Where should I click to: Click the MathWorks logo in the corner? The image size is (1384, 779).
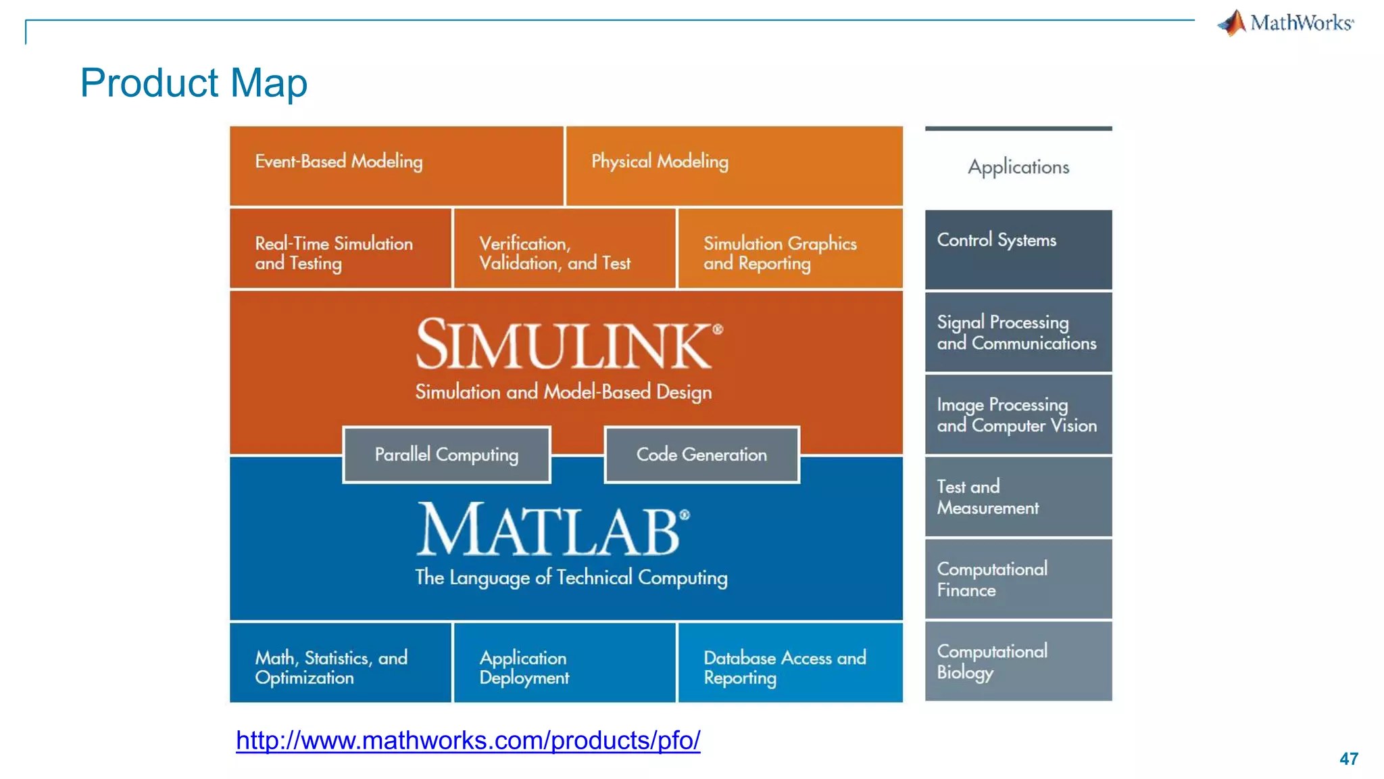pos(1285,23)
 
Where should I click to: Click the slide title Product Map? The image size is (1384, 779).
pos(193,82)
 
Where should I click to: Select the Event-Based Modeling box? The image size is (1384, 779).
pos(397,165)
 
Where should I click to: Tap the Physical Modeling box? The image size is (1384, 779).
pos(734,165)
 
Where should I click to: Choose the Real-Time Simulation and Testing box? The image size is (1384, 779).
pos(340,249)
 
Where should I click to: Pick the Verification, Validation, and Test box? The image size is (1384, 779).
pos(564,249)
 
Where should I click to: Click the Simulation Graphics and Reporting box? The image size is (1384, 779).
pos(789,249)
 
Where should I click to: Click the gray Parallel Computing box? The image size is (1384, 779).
pos(447,454)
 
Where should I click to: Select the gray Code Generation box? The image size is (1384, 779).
pos(701,454)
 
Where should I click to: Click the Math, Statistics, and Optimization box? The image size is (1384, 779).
pos(340,663)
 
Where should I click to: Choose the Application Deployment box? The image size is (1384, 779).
pos(564,663)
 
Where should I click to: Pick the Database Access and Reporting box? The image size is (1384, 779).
pos(789,663)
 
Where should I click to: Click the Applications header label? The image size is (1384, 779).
pos(1018,167)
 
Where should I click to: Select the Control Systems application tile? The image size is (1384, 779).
pos(1018,249)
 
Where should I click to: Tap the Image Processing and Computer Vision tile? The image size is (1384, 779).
pos(1018,415)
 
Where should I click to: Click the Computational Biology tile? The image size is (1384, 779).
pos(1018,661)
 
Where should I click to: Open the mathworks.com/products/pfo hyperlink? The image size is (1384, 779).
pos(468,740)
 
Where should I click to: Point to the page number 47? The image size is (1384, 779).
pos(1348,759)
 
